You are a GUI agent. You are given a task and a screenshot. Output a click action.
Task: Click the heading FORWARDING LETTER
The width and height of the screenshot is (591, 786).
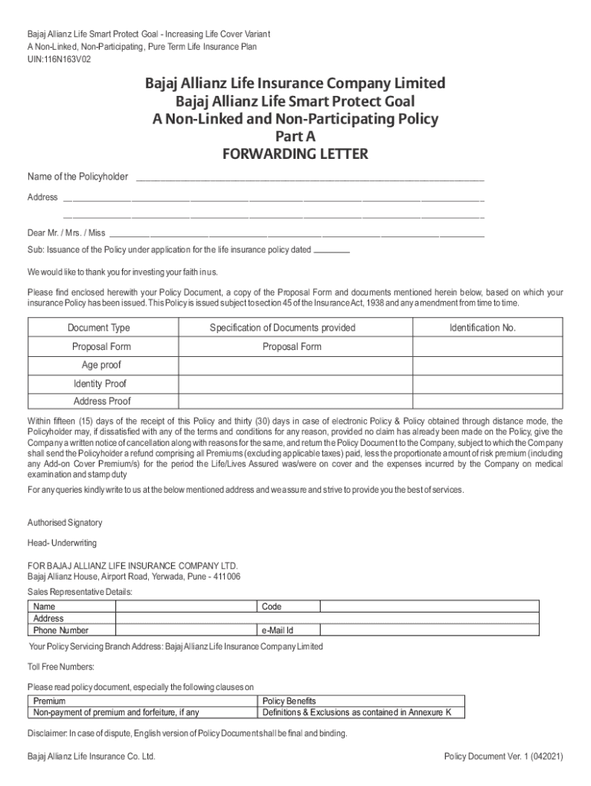(295, 154)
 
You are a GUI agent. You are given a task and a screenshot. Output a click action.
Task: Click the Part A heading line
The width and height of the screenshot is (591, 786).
(295, 137)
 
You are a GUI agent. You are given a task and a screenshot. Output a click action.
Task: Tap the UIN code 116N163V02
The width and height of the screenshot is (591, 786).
(58, 59)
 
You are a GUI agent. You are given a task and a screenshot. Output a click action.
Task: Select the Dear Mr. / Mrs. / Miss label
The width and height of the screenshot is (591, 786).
(67, 233)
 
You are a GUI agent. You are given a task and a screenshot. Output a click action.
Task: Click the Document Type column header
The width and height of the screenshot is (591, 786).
(98, 329)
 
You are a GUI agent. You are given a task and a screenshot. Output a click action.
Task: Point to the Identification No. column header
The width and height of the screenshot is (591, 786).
(483, 329)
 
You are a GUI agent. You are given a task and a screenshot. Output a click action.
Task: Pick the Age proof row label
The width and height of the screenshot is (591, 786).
(101, 365)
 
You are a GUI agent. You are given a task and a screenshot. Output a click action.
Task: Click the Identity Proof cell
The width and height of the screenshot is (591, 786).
(100, 384)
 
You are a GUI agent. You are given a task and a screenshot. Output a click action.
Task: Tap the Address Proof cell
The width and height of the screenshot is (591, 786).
(102, 401)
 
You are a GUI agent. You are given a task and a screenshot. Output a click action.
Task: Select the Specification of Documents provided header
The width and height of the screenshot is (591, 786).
(282, 329)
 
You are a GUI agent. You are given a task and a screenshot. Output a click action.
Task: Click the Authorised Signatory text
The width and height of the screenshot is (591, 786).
(64, 523)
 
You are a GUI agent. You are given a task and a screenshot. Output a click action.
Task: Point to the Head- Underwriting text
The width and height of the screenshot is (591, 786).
(62, 543)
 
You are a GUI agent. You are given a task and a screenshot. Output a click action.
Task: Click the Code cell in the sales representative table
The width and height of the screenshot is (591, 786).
(272, 606)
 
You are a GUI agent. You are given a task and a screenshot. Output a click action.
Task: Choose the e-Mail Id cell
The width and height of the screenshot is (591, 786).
(278, 631)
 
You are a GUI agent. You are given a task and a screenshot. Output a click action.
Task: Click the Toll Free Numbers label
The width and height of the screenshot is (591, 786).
(61, 666)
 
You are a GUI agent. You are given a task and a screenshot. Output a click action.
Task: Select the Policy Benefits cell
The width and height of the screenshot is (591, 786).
(289, 701)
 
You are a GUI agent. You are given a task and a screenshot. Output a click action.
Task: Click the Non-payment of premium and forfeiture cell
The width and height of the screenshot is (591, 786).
(116, 712)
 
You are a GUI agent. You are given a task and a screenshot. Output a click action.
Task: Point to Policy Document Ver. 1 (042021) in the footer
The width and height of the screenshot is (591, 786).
(504, 756)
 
